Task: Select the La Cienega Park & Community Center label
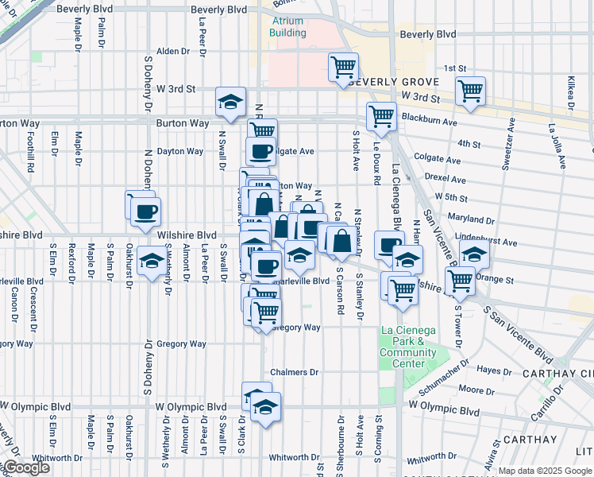coord(407,347)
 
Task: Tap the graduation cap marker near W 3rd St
coord(230,102)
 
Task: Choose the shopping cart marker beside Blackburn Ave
coord(381,115)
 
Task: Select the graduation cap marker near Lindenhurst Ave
coord(474,254)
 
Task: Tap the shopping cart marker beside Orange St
coord(460,280)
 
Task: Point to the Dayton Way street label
coord(179,151)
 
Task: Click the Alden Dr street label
coord(174,51)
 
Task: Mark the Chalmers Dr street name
coord(294,372)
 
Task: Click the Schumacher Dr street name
coord(438,374)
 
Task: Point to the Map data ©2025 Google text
coord(545,471)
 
